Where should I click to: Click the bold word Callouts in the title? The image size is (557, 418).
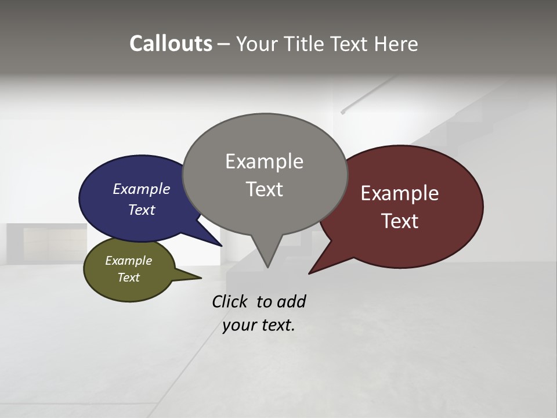171,44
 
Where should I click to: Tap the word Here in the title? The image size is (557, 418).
396,44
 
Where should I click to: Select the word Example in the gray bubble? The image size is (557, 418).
264,161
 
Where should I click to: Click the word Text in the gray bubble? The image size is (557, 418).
264,189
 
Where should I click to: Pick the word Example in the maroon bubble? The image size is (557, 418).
400,193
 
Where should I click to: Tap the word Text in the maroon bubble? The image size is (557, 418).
400,221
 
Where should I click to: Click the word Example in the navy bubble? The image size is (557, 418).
142,189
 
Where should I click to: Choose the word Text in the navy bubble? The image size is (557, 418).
142,210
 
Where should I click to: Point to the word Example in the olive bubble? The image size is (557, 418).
129,261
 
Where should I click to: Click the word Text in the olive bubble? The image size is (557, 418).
129,278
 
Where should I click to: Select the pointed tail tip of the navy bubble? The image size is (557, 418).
220,245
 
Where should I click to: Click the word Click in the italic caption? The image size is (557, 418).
230,301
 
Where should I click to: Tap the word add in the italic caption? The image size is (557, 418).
291,301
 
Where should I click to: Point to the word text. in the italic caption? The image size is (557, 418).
276,325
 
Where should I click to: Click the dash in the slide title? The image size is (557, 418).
225,44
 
